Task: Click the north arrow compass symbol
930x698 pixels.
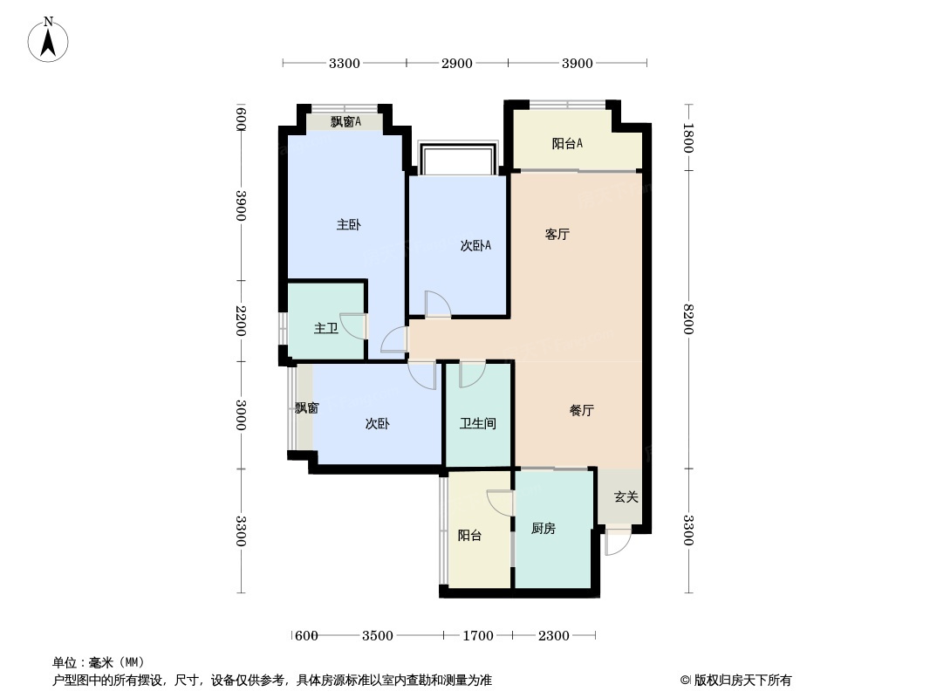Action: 48,40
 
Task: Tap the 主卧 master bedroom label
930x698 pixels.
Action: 349,225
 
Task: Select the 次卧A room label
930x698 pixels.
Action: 475,245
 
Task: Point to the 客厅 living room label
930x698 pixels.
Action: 557,234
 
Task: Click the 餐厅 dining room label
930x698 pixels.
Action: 582,410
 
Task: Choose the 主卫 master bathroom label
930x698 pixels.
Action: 326,329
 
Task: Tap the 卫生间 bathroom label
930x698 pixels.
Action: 478,423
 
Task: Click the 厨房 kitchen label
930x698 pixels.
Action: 544,529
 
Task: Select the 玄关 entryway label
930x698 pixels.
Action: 626,497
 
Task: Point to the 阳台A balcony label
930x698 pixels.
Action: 568,143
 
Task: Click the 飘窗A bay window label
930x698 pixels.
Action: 345,121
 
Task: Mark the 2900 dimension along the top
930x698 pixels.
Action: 456,64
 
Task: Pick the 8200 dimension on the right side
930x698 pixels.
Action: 688,319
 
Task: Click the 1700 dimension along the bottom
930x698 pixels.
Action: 478,636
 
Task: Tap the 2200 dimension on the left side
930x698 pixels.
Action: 241,321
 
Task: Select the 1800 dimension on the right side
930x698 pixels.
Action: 688,138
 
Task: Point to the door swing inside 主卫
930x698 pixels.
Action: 353,325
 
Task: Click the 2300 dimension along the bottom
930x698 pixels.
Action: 553,636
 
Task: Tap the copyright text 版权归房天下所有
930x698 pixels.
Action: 742,681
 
